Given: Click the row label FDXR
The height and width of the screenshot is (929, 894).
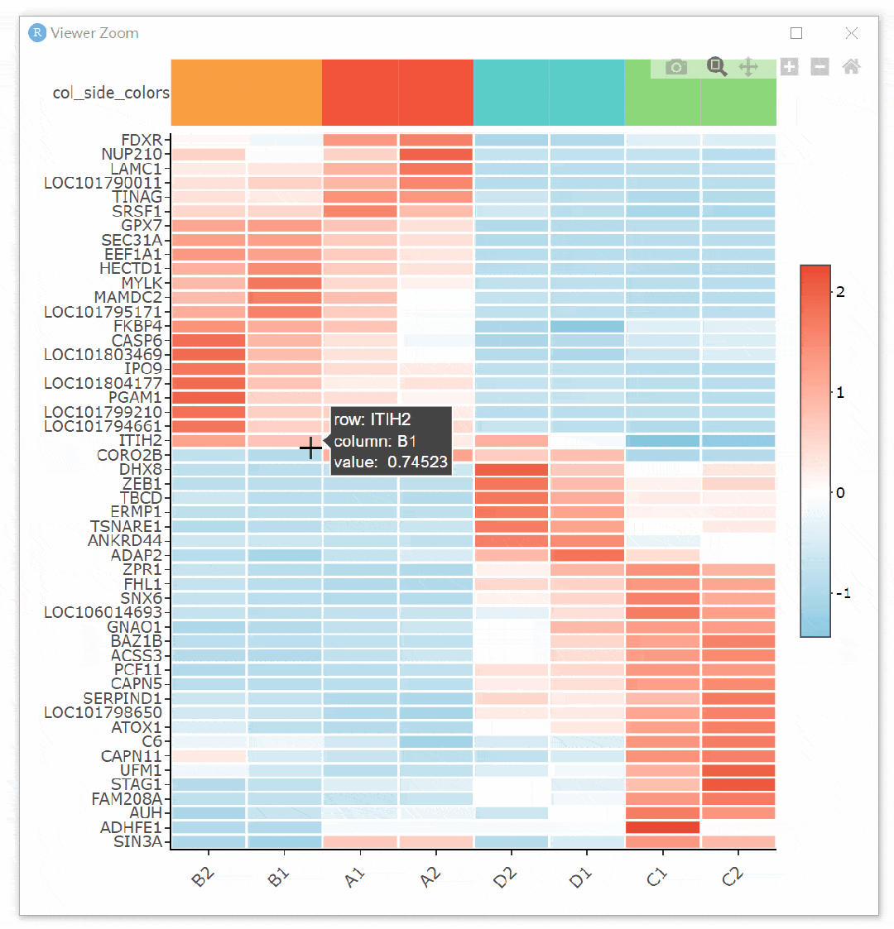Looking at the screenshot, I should coord(142,140).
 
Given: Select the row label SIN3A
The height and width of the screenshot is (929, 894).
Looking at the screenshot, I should coord(138,842).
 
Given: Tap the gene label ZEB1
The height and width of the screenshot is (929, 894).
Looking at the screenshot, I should coord(142,484).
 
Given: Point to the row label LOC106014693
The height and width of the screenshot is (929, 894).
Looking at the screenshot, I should coord(103,613).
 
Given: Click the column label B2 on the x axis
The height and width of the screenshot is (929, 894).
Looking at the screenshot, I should coord(203,879).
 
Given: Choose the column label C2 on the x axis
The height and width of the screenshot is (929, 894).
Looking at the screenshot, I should coord(733,879).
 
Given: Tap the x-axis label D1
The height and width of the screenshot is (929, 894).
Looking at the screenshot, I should coord(581,879).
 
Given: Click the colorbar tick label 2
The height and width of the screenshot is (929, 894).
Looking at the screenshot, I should coord(841,292).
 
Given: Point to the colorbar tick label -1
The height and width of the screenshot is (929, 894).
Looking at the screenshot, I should coord(843,594).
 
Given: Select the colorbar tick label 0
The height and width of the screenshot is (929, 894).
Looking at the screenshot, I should coord(841,493).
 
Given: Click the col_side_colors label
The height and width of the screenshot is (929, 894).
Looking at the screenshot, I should coord(111,93).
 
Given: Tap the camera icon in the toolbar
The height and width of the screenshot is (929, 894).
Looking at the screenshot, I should coord(676,67).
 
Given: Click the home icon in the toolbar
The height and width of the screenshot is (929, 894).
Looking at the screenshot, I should coord(851,67).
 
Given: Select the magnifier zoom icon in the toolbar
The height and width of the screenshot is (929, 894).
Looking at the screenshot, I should coord(717,67).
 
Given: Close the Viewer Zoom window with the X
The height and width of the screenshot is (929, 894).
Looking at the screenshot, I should coord(851,33).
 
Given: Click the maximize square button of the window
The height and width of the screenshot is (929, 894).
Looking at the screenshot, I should coord(796,33).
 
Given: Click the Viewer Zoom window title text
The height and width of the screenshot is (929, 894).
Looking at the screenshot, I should coord(94,33).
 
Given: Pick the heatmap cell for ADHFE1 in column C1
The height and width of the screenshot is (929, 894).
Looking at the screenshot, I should coord(662,827).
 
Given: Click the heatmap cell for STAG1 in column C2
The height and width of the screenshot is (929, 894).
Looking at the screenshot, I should coord(738,784).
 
